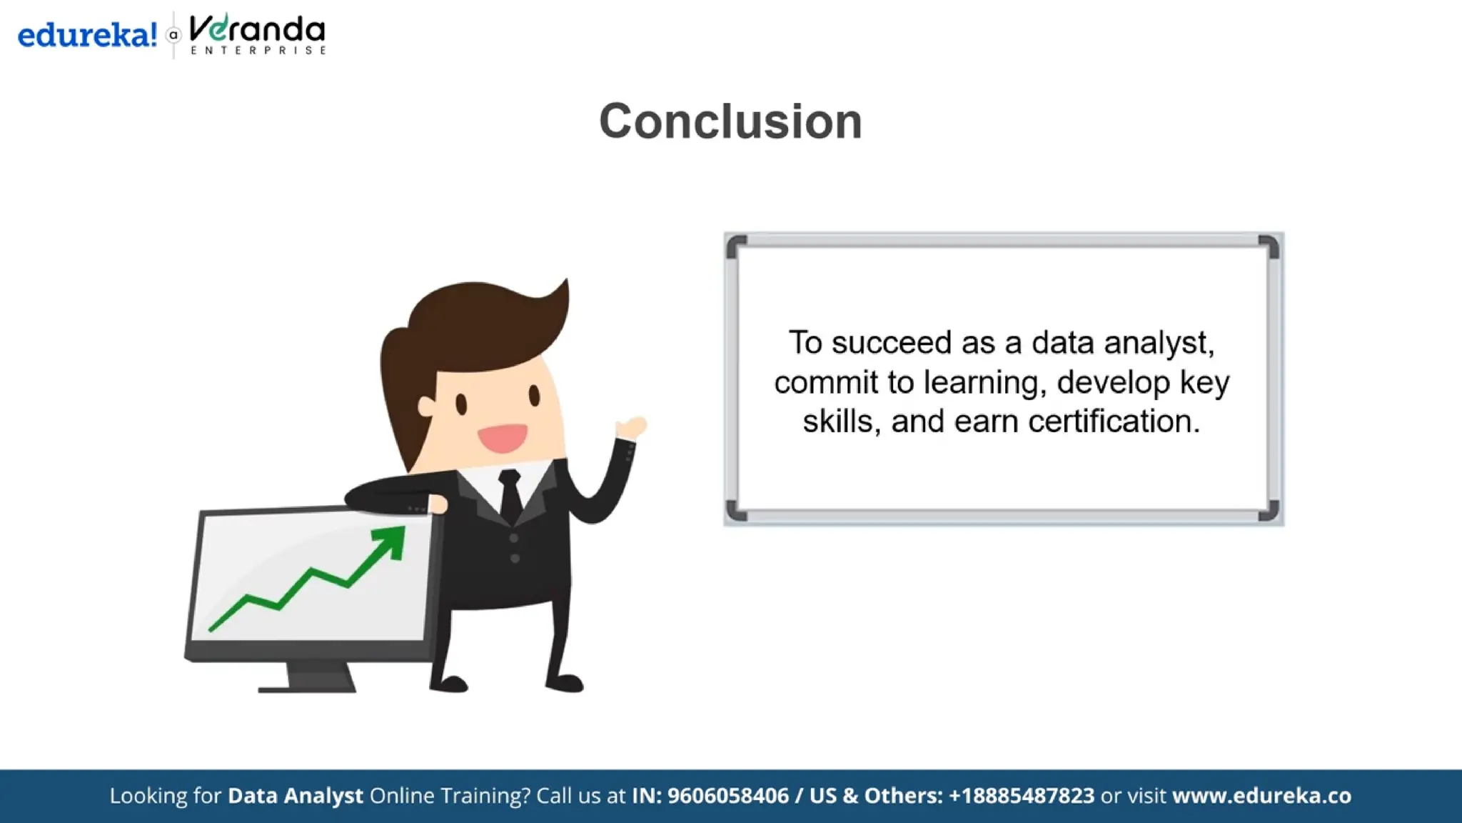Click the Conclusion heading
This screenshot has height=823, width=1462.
pyautogui.click(x=730, y=121)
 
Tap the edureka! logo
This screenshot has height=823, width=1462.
pyautogui.click(x=87, y=34)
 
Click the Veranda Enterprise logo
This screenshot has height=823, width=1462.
pyautogui.click(x=257, y=34)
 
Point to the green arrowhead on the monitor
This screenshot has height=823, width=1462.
pyautogui.click(x=391, y=541)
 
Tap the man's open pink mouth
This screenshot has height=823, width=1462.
pyautogui.click(x=503, y=437)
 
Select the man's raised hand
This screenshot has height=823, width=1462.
pyautogui.click(x=631, y=428)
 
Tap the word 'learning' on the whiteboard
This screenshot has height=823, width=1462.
pyautogui.click(x=984, y=383)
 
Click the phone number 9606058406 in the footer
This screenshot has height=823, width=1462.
pyautogui.click(x=727, y=795)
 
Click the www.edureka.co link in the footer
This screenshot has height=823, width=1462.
pyautogui.click(x=1261, y=795)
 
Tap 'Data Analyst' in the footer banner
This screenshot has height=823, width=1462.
pyautogui.click(x=295, y=795)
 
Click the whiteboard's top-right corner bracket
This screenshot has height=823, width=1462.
pyautogui.click(x=1269, y=246)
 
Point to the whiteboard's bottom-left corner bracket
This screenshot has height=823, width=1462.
pyautogui.click(x=736, y=511)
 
